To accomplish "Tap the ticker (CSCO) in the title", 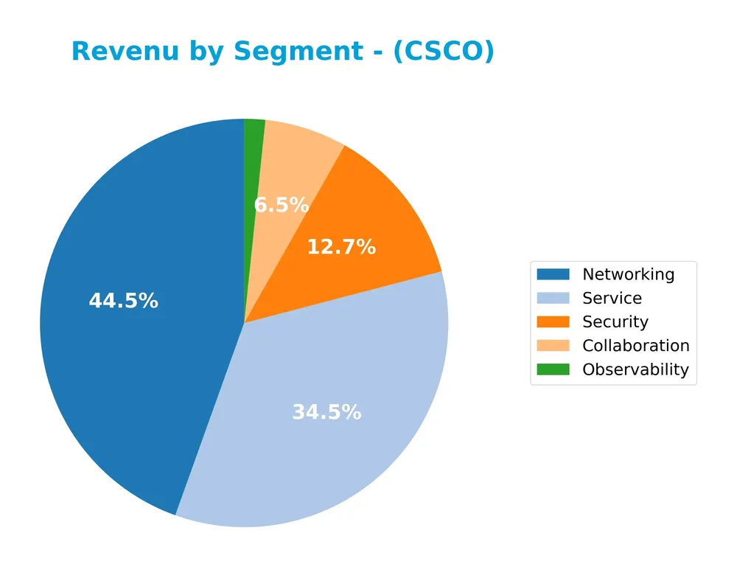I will point(444,52).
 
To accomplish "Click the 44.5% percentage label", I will point(123,301).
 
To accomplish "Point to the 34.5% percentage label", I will point(326,412).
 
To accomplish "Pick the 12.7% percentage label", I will point(341,247).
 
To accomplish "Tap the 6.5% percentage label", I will point(281,205).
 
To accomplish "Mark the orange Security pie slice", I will point(383,221).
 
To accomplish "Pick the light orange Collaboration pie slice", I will point(295,170).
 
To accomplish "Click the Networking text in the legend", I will point(628,274).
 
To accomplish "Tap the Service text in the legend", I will point(612,298).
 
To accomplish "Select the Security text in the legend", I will point(615,321).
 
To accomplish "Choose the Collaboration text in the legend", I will point(635,345).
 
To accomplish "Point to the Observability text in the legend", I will point(635,369).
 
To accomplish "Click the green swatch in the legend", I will point(553,369).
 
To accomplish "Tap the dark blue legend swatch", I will point(553,274).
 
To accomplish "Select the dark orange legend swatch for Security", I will point(553,321).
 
